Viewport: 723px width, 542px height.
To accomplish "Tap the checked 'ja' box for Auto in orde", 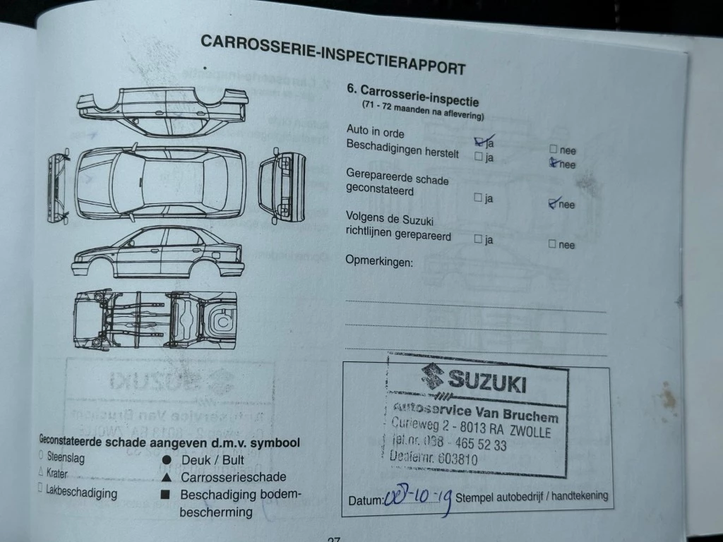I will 480,141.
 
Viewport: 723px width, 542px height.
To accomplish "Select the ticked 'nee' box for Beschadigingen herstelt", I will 554,163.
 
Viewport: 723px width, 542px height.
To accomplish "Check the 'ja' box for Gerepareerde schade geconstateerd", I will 479,198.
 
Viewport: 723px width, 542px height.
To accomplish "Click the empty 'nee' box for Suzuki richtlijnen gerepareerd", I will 553,244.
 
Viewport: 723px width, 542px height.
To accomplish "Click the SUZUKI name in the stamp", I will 487,383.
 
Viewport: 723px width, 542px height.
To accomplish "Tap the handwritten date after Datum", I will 418,501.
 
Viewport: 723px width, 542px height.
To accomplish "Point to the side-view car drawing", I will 157,252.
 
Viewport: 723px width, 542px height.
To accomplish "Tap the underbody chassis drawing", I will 155,319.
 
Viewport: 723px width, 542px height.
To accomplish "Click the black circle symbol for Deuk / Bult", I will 167,459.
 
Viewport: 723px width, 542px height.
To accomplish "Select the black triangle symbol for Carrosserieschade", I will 166,477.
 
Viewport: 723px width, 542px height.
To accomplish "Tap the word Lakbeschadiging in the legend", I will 81,493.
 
